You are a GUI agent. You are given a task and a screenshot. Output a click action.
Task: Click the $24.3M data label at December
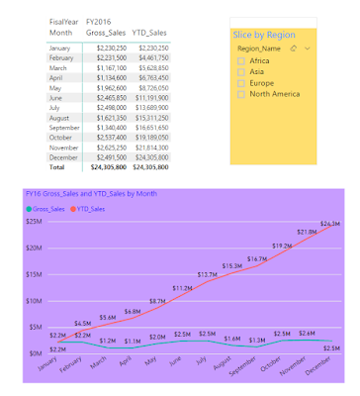click(x=329, y=224)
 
